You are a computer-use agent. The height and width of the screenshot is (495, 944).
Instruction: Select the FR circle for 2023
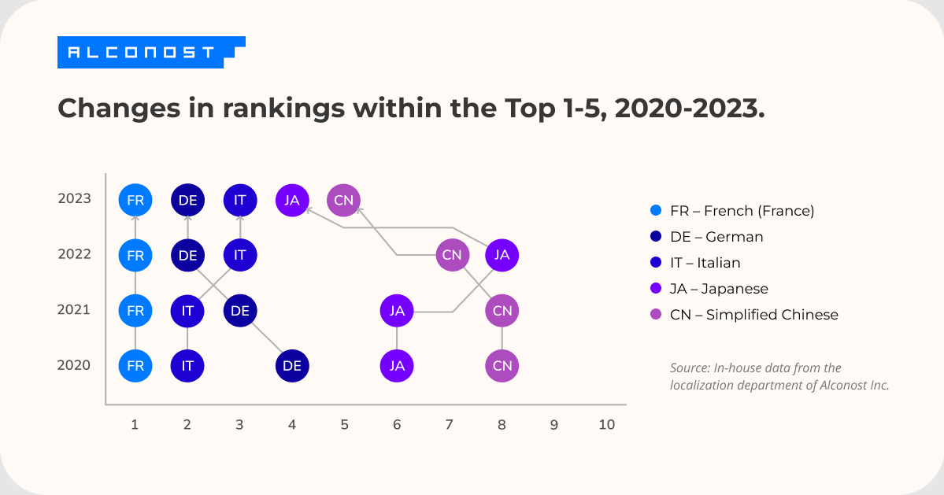(135, 200)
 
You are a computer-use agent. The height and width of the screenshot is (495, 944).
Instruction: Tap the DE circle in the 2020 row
(292, 366)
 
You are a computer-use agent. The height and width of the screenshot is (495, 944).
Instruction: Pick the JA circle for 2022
(502, 255)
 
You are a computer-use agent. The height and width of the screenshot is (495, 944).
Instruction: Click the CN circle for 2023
(344, 200)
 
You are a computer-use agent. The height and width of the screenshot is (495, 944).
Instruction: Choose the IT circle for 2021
(187, 311)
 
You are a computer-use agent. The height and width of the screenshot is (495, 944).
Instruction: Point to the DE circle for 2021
(240, 311)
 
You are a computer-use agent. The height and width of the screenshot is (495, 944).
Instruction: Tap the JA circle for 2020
(397, 366)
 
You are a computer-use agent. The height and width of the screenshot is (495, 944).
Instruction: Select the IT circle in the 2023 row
(240, 200)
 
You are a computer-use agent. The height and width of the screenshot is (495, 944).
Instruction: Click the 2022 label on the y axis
(75, 254)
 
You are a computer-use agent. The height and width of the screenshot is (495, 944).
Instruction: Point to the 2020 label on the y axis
(75, 365)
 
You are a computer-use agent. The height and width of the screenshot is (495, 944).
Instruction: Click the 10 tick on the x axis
(606, 425)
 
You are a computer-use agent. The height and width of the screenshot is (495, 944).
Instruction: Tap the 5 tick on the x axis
(344, 425)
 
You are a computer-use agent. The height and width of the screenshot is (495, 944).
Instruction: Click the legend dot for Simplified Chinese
(655, 315)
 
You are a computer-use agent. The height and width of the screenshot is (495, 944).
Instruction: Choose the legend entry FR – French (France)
(741, 211)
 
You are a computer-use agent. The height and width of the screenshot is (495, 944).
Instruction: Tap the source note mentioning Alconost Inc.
(779, 377)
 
